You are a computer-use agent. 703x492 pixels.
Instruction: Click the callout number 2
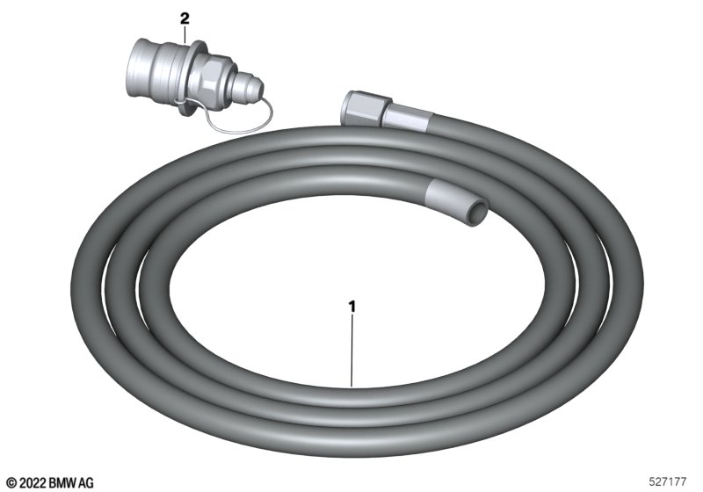pos(185,18)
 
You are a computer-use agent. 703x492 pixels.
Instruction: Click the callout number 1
pos(352,307)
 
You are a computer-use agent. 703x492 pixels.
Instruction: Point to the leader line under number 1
pos(352,351)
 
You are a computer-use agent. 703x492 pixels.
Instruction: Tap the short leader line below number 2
pos(185,35)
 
